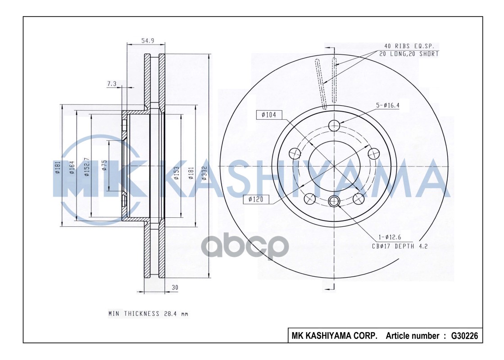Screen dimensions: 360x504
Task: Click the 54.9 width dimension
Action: tap(148, 40)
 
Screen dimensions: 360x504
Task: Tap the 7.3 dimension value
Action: tap(112, 84)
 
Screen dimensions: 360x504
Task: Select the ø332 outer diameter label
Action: tap(204, 171)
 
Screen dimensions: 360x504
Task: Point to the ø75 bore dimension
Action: tap(104, 165)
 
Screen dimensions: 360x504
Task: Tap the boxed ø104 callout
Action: tap(268, 115)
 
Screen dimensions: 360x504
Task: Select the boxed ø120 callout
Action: tap(255, 199)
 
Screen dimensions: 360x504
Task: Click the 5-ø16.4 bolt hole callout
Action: tap(388, 105)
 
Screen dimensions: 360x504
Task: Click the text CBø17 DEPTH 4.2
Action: tap(399, 246)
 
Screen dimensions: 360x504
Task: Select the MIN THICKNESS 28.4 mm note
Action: tap(148, 314)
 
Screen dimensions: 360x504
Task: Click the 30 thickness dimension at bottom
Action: tap(175, 287)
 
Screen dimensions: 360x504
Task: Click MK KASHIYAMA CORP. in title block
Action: tap(334, 336)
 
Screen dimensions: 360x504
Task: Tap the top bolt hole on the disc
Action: tap(334, 125)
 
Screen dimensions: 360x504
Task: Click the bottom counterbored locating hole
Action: tap(334, 201)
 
